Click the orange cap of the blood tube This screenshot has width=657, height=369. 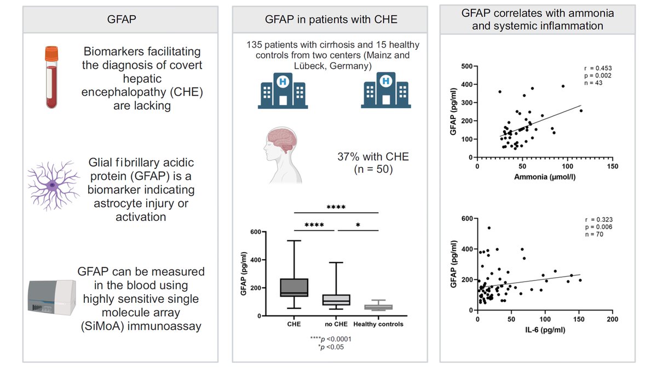51,54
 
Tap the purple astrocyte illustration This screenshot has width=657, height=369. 53,185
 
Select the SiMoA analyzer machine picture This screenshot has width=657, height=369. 52,297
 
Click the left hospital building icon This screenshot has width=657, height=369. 283,91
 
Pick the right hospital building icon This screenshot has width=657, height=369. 385,91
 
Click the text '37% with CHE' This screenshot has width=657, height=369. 373,157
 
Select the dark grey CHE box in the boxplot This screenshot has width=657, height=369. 294,288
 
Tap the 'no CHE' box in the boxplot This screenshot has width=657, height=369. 336,300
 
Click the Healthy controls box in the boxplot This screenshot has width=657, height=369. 378,307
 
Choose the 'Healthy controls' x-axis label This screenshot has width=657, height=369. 378,324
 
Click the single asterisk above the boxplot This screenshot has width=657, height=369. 358,225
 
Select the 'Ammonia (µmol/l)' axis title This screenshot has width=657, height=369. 545,177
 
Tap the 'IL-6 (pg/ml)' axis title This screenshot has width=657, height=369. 545,330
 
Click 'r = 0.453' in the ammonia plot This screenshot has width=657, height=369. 598,68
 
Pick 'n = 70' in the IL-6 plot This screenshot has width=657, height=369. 594,235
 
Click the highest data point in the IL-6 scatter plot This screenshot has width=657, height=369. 489,228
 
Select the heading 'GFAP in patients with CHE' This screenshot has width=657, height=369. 331,19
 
